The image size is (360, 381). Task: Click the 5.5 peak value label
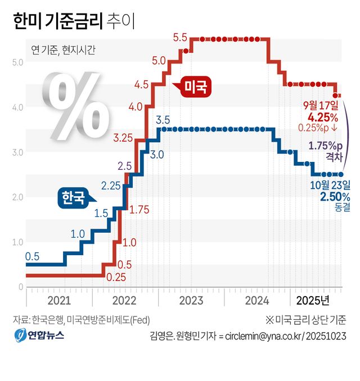(x=180, y=38)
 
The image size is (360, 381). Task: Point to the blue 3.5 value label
(x=163, y=119)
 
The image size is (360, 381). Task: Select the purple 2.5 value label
(x=124, y=166)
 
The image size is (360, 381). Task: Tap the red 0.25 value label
(x=116, y=276)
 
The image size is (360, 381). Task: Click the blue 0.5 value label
(x=33, y=257)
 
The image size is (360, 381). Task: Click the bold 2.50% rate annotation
(x=335, y=196)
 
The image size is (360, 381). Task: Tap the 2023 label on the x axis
(x=191, y=301)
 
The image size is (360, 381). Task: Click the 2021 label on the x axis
(x=59, y=301)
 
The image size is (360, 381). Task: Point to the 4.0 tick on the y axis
(x=17, y=107)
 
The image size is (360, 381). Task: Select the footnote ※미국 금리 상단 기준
(x=305, y=320)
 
